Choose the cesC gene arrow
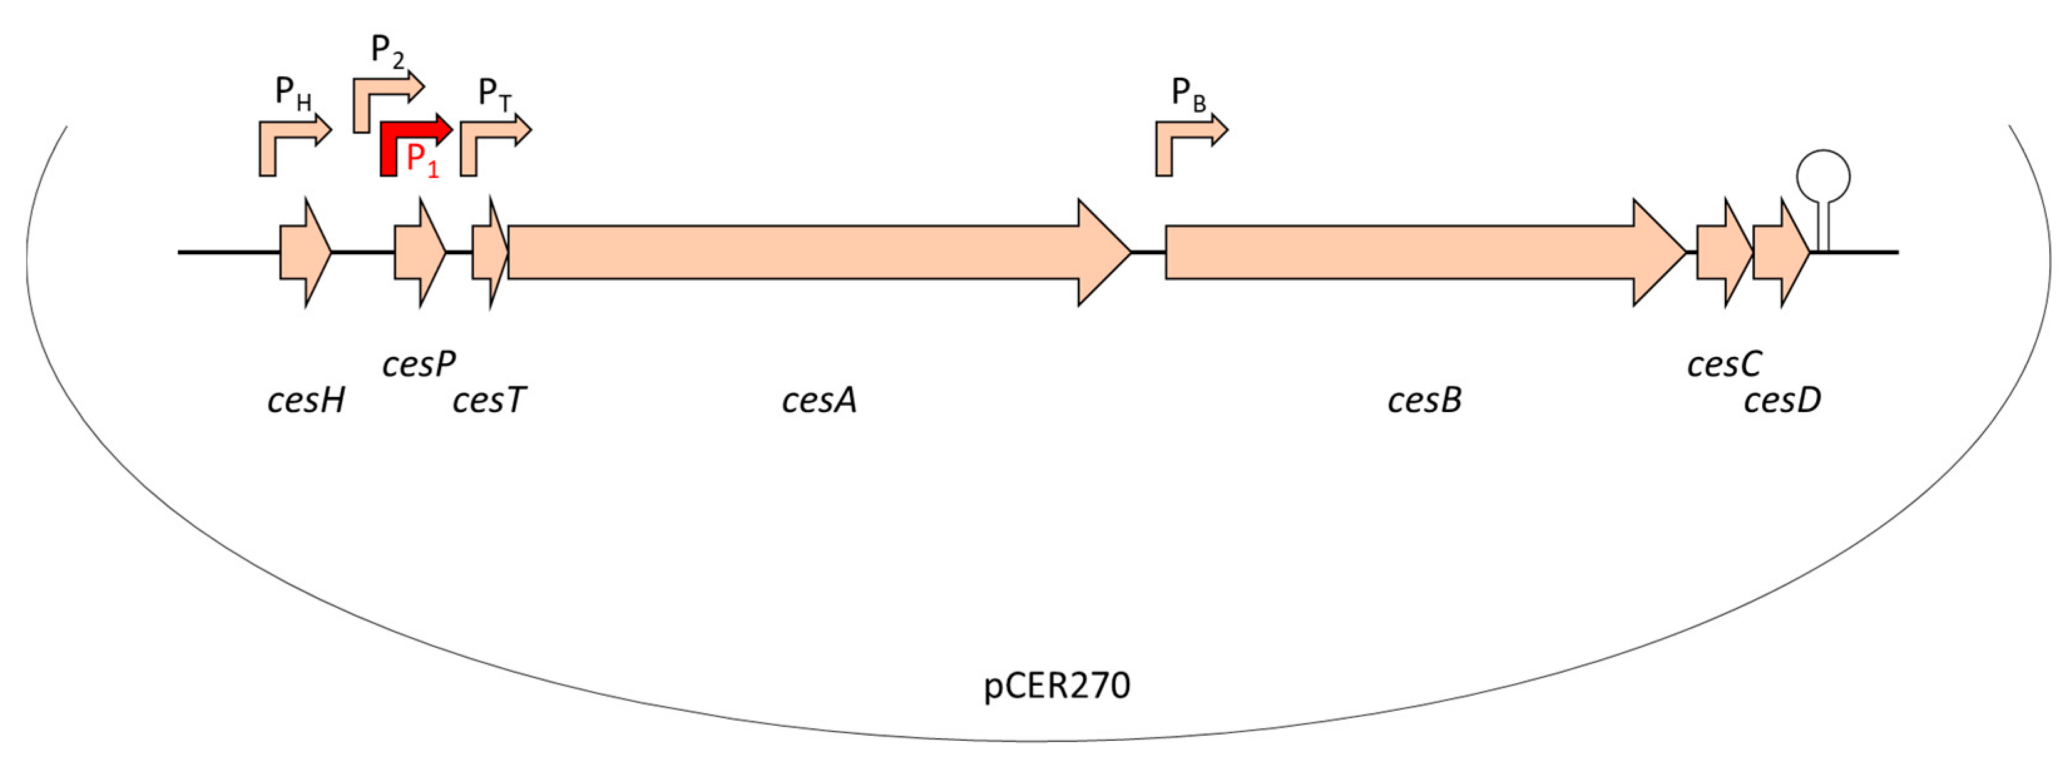pyautogui.click(x=1722, y=253)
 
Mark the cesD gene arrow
pyautogui.click(x=1779, y=253)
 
